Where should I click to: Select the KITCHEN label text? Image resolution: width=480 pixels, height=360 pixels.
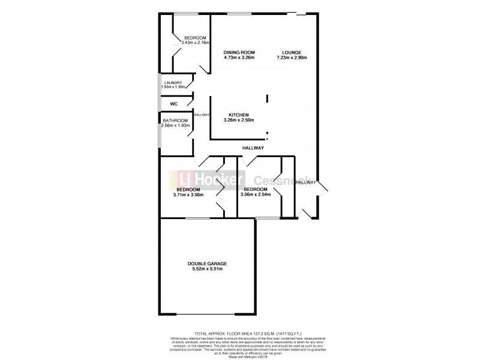click(239, 115)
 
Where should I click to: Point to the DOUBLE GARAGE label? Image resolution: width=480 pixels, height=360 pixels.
click(206, 263)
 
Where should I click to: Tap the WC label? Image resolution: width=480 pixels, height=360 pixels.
click(174, 104)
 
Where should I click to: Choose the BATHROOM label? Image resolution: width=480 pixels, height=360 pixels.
click(176, 121)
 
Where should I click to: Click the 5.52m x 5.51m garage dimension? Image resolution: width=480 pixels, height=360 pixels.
click(206, 269)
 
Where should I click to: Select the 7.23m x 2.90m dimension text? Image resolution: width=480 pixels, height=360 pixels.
click(292, 58)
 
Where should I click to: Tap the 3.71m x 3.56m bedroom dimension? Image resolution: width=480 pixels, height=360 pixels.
click(188, 194)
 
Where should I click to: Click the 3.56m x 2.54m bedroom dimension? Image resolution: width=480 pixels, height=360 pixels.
click(256, 194)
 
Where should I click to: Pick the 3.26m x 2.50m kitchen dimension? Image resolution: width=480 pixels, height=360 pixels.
click(239, 120)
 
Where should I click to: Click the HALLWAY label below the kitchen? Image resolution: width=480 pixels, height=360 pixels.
click(253, 148)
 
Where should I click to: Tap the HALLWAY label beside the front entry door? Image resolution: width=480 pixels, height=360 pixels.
click(306, 182)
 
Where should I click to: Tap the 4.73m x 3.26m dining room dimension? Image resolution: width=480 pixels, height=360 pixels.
click(239, 58)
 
